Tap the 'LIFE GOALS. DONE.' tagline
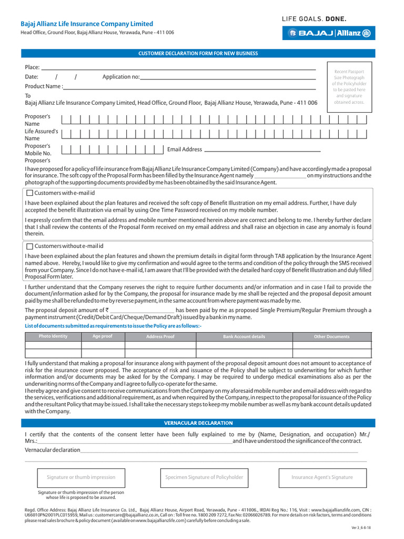[315, 19]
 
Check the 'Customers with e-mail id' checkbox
[29, 193]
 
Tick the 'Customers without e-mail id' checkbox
[29, 246]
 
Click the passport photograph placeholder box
[349, 87]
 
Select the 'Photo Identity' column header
[53, 336]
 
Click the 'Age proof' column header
[103, 336]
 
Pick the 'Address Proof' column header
[160, 337]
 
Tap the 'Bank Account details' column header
[244, 337]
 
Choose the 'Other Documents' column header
[331, 337]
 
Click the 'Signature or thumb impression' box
[81, 477]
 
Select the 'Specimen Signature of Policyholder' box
[204, 477]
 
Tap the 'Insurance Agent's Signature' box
[322, 477]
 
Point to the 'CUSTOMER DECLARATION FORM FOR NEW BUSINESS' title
[197, 54]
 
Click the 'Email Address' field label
[184, 149]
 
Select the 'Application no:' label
[121, 77]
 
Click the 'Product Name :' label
[44, 86]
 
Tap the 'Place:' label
[32, 67]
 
